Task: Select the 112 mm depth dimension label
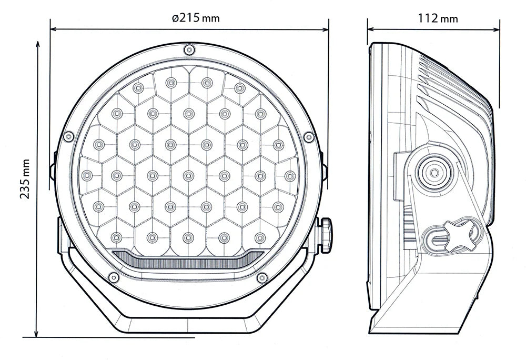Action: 438,19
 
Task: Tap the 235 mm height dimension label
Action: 25,179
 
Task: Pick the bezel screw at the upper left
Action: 67,137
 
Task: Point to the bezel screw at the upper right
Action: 309,137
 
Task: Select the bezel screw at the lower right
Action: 261,277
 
